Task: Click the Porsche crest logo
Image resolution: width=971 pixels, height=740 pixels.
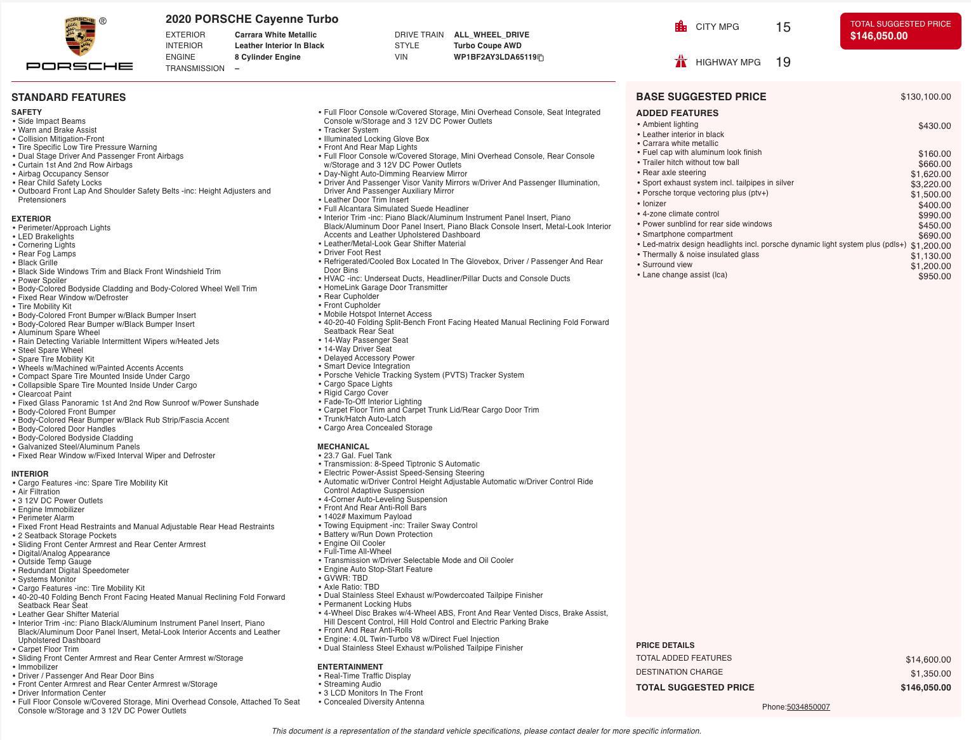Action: click(x=79, y=36)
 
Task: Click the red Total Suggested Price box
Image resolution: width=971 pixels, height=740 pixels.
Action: click(x=900, y=30)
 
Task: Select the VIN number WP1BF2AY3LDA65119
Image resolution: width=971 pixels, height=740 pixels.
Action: click(x=494, y=57)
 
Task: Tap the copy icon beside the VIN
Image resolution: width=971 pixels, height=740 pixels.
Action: click(x=541, y=58)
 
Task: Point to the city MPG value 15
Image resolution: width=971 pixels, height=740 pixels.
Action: click(x=783, y=27)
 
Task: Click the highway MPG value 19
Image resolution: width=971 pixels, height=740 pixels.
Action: click(x=783, y=62)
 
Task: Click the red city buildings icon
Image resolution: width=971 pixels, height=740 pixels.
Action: click(x=681, y=27)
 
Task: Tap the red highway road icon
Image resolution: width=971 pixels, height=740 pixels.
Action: click(x=681, y=62)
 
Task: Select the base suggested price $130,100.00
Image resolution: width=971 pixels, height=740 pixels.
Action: click(x=925, y=97)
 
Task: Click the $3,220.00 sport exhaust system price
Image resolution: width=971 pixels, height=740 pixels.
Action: click(x=930, y=185)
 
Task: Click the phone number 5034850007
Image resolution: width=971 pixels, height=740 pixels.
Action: click(x=808, y=707)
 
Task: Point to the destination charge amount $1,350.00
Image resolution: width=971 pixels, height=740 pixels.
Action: click(x=930, y=674)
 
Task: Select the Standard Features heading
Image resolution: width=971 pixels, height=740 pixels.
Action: click(x=69, y=98)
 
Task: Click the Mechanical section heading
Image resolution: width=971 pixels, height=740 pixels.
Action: click(x=343, y=447)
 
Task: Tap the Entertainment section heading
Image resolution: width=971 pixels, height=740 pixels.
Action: click(x=350, y=667)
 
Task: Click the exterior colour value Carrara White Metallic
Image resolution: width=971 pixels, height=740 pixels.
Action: click(x=275, y=35)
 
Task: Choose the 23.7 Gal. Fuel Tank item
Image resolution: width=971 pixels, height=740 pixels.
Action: click(x=357, y=456)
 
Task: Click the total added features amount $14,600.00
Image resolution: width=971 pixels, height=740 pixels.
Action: click(x=928, y=660)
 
